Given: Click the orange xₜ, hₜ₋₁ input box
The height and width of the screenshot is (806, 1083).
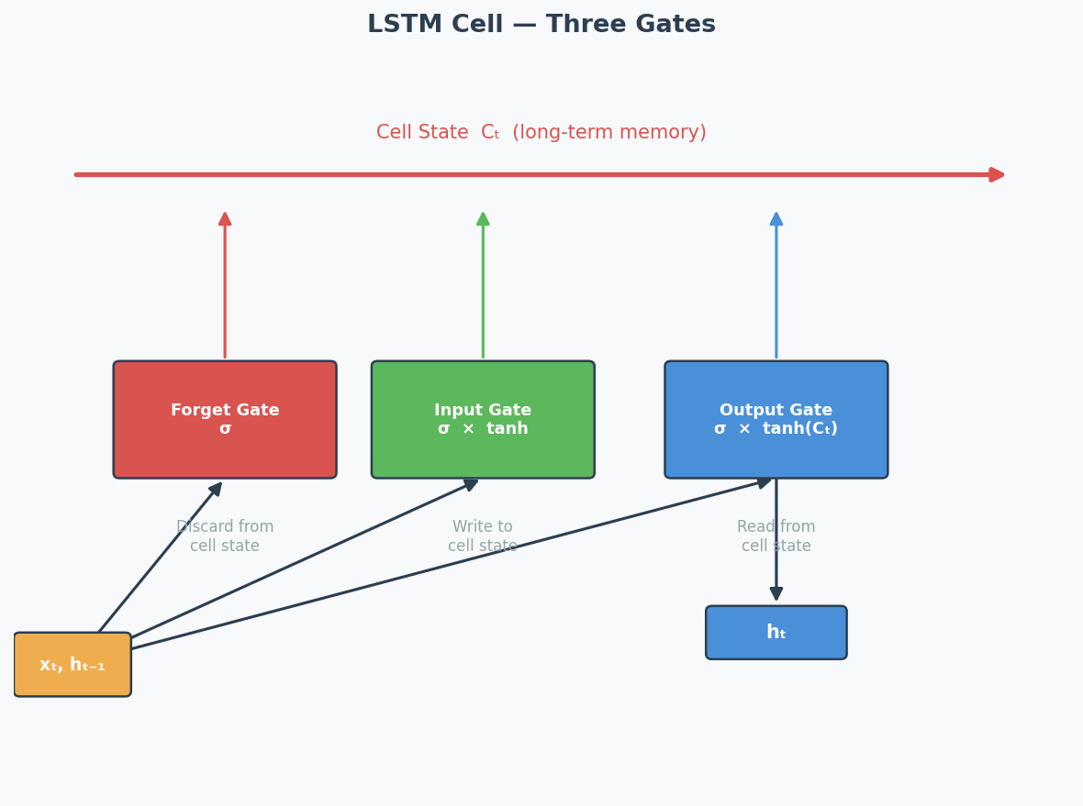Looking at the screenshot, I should [x=73, y=665].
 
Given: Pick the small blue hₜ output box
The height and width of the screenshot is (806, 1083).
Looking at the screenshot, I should [x=776, y=633].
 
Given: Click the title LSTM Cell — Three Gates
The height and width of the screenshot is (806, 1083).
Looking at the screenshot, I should [x=541, y=25].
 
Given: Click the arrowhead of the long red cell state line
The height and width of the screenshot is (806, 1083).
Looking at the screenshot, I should [x=998, y=174].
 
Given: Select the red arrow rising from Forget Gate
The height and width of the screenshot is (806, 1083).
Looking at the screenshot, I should [x=225, y=284].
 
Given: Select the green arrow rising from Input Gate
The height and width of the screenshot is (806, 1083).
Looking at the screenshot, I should [x=483, y=284].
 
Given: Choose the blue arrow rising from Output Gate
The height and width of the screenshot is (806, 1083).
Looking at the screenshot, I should [x=776, y=284].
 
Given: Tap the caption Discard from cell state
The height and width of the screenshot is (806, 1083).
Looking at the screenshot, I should [x=225, y=536].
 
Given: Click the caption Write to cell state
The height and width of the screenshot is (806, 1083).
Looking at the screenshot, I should [x=483, y=536].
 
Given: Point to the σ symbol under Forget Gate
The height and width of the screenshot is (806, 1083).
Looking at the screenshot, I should [x=225, y=429].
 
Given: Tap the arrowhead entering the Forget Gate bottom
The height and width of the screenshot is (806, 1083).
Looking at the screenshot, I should [x=216, y=489].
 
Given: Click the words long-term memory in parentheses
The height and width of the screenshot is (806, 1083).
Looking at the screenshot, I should [x=609, y=133].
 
